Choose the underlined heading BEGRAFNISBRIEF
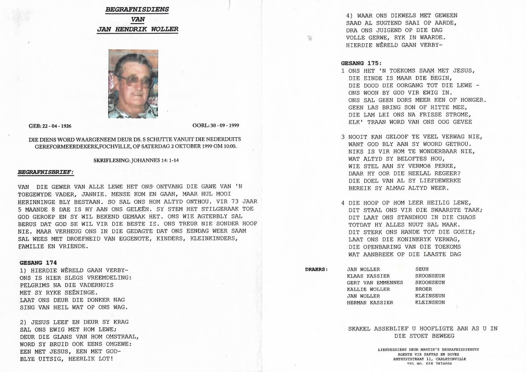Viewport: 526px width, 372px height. tap(46, 173)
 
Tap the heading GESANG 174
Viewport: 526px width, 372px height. tap(39, 262)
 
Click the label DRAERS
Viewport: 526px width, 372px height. tap(316, 269)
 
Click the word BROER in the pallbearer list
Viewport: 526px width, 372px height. tap(423, 289)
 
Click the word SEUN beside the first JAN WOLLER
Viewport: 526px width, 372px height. tap(422, 269)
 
